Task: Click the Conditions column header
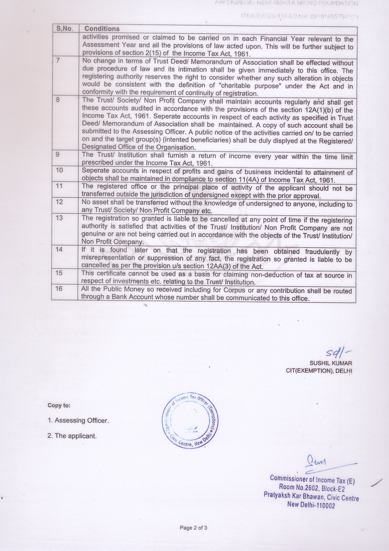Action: click(x=102, y=29)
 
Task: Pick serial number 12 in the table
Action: click(x=59, y=202)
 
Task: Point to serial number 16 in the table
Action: click(x=59, y=288)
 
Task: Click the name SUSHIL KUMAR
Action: click(x=330, y=363)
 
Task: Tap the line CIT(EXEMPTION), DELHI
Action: click(x=319, y=371)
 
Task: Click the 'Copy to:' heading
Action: click(x=59, y=405)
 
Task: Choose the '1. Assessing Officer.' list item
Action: click(x=78, y=420)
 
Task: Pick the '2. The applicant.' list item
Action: click(x=72, y=436)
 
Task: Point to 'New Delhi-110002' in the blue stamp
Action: click(x=311, y=505)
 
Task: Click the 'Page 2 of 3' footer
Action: click(x=193, y=527)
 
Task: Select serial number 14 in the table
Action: click(x=59, y=249)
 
